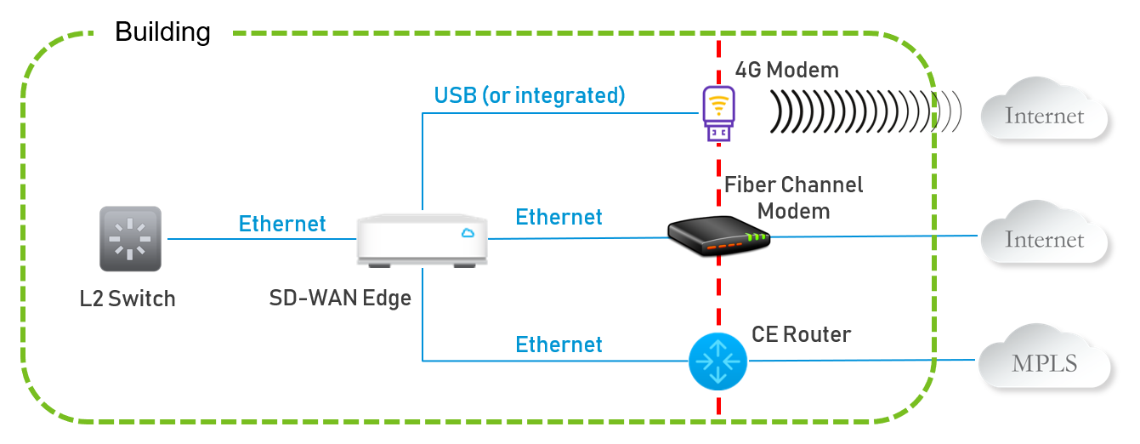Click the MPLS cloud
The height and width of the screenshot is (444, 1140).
(x=1044, y=361)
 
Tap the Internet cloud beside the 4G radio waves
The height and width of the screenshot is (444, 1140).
(x=1044, y=114)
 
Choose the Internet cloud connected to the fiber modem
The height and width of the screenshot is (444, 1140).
(x=1044, y=238)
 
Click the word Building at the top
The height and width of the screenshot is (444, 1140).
(x=162, y=32)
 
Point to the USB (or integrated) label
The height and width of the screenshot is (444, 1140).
(x=529, y=95)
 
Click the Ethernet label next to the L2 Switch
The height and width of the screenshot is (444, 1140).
(x=282, y=223)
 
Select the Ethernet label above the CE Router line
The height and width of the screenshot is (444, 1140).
(x=559, y=344)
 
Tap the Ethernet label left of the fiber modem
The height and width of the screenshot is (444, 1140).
(x=559, y=217)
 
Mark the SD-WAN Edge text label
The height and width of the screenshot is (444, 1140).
(x=340, y=299)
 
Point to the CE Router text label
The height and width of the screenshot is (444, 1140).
(x=801, y=334)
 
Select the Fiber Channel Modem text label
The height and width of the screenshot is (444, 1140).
(x=793, y=196)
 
